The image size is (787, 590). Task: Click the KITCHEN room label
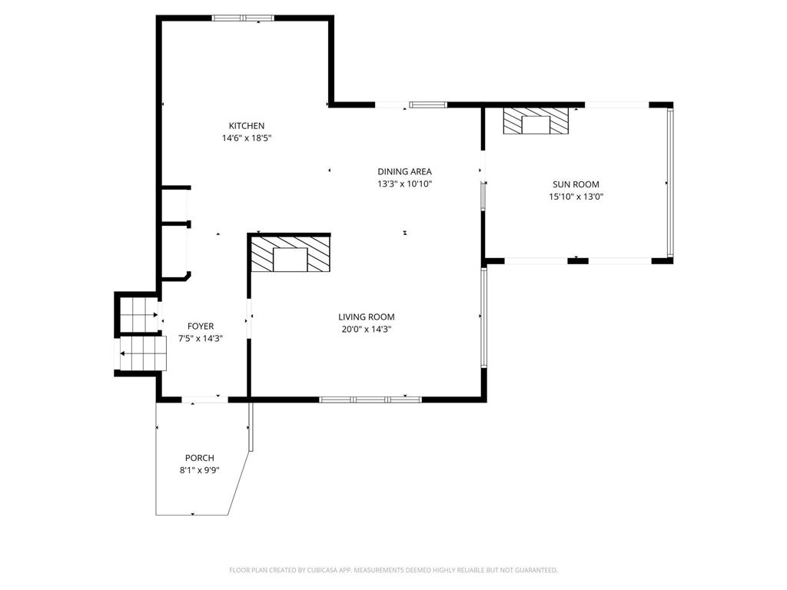(247, 126)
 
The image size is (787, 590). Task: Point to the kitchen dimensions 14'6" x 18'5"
(247, 138)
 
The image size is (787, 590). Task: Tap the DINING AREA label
(404, 172)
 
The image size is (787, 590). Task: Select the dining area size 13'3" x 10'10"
(404, 184)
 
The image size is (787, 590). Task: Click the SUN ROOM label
(576, 184)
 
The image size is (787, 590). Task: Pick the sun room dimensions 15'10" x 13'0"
(576, 197)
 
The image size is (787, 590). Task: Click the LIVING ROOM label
(367, 317)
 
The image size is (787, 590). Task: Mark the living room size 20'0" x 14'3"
(367, 329)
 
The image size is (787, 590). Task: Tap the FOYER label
(201, 326)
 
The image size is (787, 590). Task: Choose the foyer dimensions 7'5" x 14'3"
(201, 339)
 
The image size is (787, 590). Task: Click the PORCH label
(200, 459)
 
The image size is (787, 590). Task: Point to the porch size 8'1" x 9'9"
(200, 471)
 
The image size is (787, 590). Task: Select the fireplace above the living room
(291, 254)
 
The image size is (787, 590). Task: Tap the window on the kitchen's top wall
(243, 18)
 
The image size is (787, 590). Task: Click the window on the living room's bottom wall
(370, 399)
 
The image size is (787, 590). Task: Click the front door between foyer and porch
(204, 399)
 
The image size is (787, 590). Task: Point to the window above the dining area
(427, 104)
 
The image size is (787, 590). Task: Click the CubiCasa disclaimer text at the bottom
(393, 570)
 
